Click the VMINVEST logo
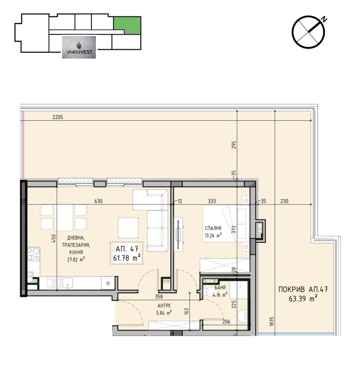(x=79, y=47)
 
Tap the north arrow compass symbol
(x=309, y=32)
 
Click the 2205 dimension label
(x=58, y=118)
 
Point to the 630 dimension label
(x=99, y=201)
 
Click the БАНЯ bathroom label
(x=220, y=288)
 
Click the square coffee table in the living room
(x=128, y=225)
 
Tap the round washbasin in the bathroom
(x=243, y=317)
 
